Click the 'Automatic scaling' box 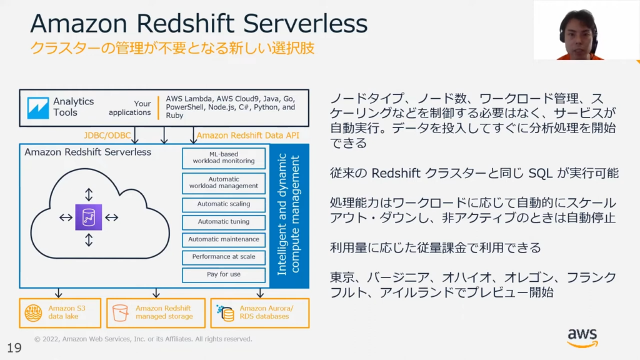pyautogui.click(x=224, y=204)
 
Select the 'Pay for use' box pyautogui.click(x=224, y=275)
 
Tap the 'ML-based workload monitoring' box pyautogui.click(x=224, y=158)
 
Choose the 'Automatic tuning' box pyautogui.click(x=224, y=222)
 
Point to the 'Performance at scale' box pyautogui.click(x=224, y=257)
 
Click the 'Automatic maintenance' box pyautogui.click(x=224, y=239)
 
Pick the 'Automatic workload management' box pyautogui.click(x=224, y=183)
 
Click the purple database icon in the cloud pyautogui.click(x=89, y=217)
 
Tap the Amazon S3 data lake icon pyautogui.click(x=34, y=313)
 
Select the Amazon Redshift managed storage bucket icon pyautogui.click(x=121, y=313)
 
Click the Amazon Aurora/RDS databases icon pyautogui.click(x=225, y=313)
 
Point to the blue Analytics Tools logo pyautogui.click(x=38, y=107)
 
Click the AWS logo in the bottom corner pyautogui.click(x=582, y=338)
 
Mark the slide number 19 pyautogui.click(x=14, y=347)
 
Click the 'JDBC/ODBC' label pyautogui.click(x=107, y=136)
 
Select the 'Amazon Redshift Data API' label pyautogui.click(x=247, y=136)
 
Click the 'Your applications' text pyautogui.click(x=130, y=108)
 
